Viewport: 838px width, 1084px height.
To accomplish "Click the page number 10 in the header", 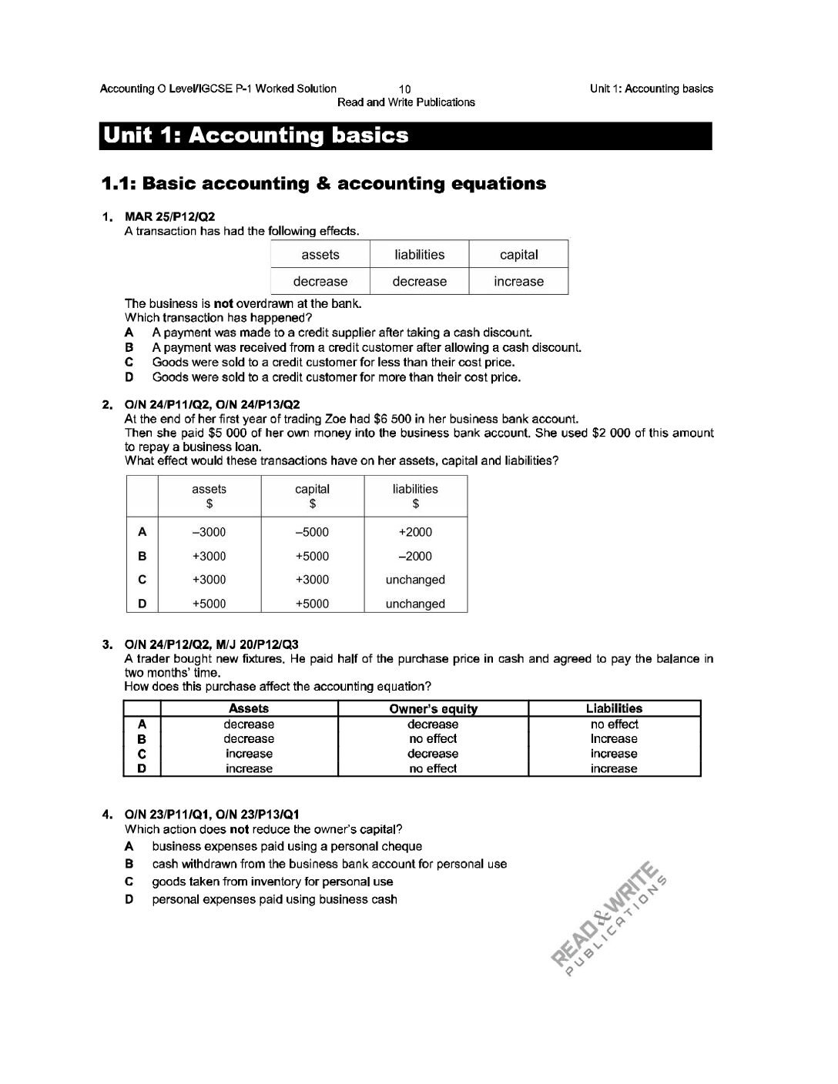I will point(406,89).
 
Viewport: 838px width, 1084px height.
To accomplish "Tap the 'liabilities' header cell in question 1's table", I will point(419,255).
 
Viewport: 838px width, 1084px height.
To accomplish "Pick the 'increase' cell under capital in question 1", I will point(518,281).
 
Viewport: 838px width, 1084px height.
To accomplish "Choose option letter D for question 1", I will point(130,377).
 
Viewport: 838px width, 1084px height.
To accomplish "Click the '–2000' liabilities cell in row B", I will point(415,556).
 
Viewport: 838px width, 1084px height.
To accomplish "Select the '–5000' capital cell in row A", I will point(312,532).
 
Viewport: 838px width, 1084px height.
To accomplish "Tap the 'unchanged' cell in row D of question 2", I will point(415,604).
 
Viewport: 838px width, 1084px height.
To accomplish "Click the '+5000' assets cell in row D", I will point(209,604).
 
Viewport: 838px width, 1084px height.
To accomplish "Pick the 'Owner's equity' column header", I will point(433,709).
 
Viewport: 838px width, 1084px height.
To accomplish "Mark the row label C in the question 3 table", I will point(142,754).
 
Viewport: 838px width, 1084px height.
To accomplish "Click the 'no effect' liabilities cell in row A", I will point(614,724).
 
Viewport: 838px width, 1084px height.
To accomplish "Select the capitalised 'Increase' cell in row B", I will point(614,739).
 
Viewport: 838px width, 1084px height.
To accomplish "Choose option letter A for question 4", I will point(130,847).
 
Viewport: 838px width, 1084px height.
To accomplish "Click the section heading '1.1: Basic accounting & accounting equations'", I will point(324,184).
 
